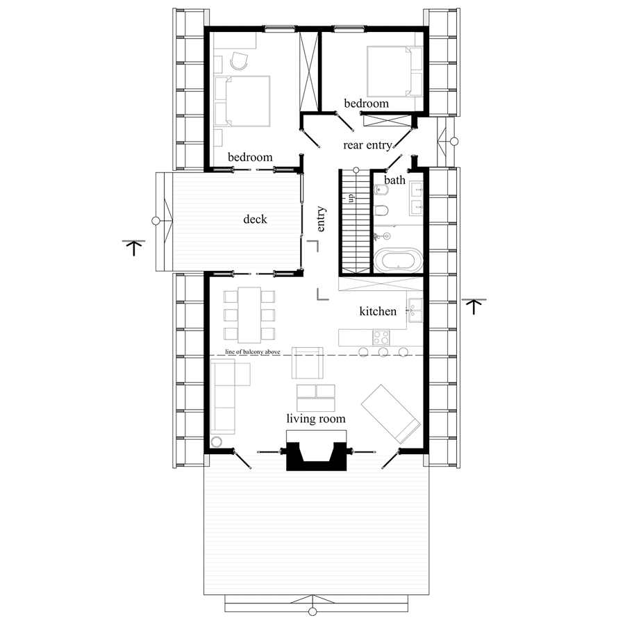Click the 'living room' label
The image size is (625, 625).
[x=316, y=419]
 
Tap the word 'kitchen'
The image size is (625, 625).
[x=378, y=311]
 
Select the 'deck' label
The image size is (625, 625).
[x=255, y=219]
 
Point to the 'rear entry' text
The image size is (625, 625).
[x=367, y=144]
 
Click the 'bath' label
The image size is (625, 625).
[x=394, y=180]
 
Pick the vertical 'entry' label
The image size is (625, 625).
[x=321, y=219]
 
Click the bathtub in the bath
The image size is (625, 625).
[x=398, y=260]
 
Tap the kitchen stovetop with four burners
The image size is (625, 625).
[x=381, y=337]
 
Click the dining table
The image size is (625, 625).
[x=249, y=315]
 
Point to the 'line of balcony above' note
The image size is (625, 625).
[x=253, y=352]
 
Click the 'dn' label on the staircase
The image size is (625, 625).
[x=351, y=198]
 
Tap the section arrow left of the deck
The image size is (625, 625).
[x=134, y=247]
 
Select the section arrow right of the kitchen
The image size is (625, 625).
[x=474, y=306]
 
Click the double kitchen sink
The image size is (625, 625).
[x=415, y=310]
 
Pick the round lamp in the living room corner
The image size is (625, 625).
[x=217, y=442]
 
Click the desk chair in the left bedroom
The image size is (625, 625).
[x=239, y=60]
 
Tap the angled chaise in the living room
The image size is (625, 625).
[x=390, y=414]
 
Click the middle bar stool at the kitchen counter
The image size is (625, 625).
[x=383, y=352]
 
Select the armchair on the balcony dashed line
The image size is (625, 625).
[x=308, y=362]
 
